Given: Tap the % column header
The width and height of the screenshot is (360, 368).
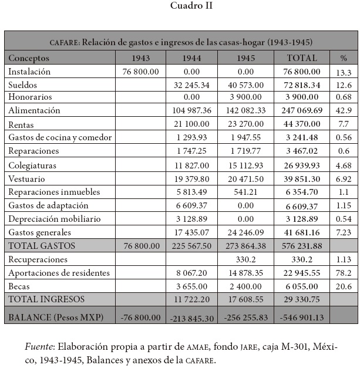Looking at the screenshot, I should tap(344, 58).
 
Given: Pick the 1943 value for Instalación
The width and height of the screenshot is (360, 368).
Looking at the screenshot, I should tap(141, 72).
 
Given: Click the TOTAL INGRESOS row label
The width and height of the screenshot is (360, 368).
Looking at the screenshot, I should tap(46, 299).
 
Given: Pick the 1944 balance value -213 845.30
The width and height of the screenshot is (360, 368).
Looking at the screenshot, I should tap(192, 318).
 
